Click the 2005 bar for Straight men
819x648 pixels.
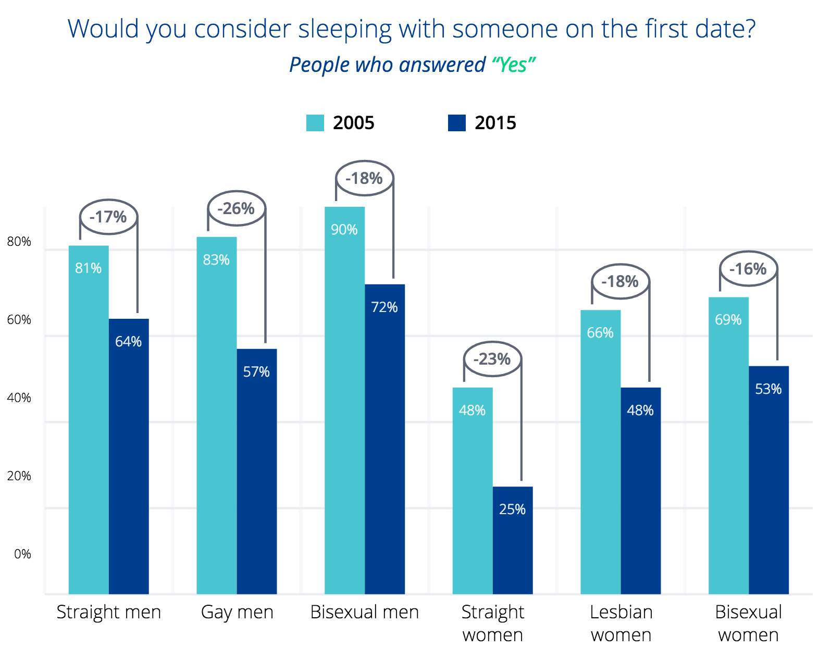pos(89,419)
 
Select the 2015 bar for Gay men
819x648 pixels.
pos(256,471)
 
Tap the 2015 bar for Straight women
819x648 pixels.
pos(513,540)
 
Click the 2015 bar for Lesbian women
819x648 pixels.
pos(640,491)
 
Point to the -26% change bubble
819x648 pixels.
pos(237,208)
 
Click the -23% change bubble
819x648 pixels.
pos(492,359)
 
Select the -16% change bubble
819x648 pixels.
pos(748,269)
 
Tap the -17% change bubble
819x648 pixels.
pos(108,217)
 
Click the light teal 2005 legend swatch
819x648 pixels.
pos(315,123)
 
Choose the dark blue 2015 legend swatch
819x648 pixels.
pos(457,123)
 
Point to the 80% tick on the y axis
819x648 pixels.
pos(19,242)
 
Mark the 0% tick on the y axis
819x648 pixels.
pos(22,554)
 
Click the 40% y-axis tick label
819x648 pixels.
pos(19,398)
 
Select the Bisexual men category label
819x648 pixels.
pos(364,612)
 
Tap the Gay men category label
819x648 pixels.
pos(237,612)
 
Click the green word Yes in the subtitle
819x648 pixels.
pos(513,65)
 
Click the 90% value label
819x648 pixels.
pos(344,230)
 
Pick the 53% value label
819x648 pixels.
pos(768,389)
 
